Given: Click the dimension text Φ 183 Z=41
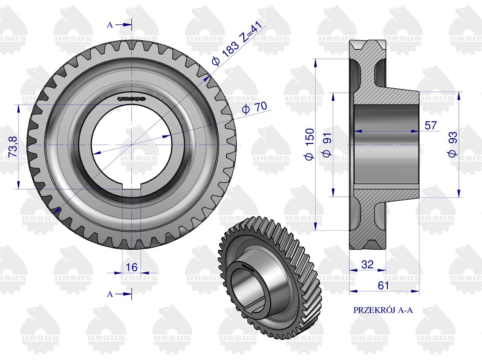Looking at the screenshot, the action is pyautogui.click(x=237, y=43).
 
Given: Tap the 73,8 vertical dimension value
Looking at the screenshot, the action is pyautogui.click(x=13, y=147).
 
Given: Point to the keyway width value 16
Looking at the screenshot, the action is pyautogui.click(x=131, y=267).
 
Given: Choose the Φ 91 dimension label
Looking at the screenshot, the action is pyautogui.click(x=327, y=145).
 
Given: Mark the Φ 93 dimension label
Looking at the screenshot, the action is pyautogui.click(x=452, y=144).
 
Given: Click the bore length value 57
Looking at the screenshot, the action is pyautogui.click(x=431, y=126).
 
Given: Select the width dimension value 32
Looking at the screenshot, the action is pyautogui.click(x=368, y=265).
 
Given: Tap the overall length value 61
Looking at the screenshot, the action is pyautogui.click(x=383, y=285).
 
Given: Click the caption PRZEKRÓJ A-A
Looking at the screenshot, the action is pyautogui.click(x=383, y=310).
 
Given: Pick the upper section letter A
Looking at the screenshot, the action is pyautogui.click(x=110, y=25).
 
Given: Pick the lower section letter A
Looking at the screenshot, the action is pyautogui.click(x=110, y=294).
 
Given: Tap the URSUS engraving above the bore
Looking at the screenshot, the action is pyautogui.click(x=131, y=99).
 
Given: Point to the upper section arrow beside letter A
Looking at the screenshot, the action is pyautogui.click(x=124, y=25).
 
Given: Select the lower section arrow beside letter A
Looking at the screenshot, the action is pyautogui.click(x=124, y=294).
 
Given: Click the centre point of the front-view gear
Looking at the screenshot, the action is pyautogui.click(x=131, y=145).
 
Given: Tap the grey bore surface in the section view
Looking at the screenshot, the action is pyautogui.click(x=386, y=145).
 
